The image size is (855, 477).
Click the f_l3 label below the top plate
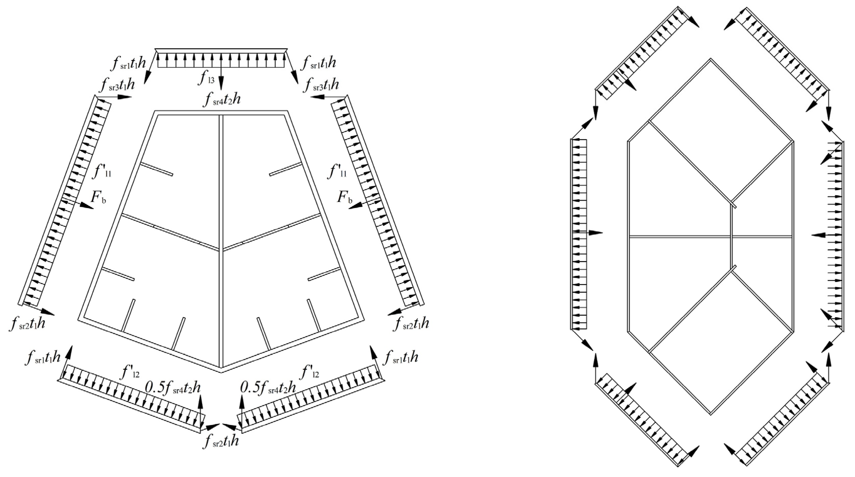206,78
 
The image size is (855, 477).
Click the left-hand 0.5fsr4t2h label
173,388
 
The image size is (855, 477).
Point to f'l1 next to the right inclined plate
337,172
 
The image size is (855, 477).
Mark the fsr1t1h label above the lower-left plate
43,358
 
